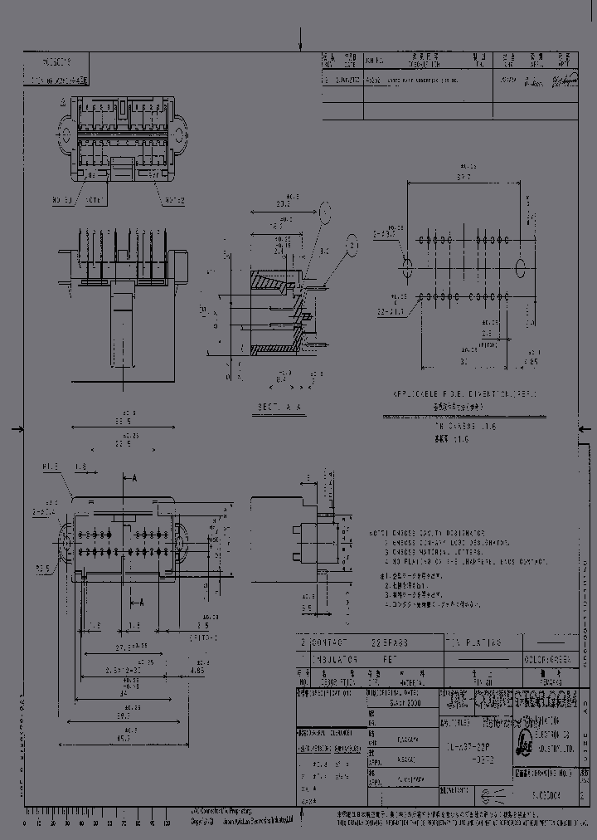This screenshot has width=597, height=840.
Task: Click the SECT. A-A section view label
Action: pyautogui.click(x=279, y=408)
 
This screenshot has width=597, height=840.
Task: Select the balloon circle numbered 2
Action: pyautogui.click(x=353, y=246)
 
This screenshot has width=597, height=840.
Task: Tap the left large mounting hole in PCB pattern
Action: pyautogui.click(x=407, y=268)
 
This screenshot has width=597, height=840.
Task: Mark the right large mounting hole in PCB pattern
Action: pyautogui.click(x=521, y=268)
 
